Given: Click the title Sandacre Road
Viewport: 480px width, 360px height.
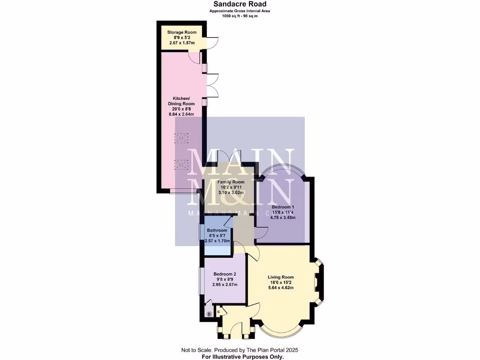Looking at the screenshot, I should [240, 4].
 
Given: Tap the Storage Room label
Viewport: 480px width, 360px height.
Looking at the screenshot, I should [181, 32].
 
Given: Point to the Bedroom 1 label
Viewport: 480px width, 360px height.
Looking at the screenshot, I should [283, 207].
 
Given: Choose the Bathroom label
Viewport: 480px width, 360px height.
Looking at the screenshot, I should [217, 231].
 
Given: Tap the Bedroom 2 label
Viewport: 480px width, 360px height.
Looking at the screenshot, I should [225, 274].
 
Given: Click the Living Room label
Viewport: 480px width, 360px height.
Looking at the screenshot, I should [281, 277].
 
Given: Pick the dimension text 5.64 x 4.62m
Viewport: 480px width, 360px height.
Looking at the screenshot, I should [281, 288].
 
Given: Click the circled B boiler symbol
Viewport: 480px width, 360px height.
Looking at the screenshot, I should [209, 314].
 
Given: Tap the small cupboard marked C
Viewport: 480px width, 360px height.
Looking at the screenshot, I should [218, 311].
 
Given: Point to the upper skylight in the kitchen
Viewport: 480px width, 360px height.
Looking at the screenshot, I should [181, 138].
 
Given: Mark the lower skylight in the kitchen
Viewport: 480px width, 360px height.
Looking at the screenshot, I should [181, 164].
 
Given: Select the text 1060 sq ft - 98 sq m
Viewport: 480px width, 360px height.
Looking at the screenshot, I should [240, 16].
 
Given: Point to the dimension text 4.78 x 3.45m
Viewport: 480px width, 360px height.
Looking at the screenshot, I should [283, 217].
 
